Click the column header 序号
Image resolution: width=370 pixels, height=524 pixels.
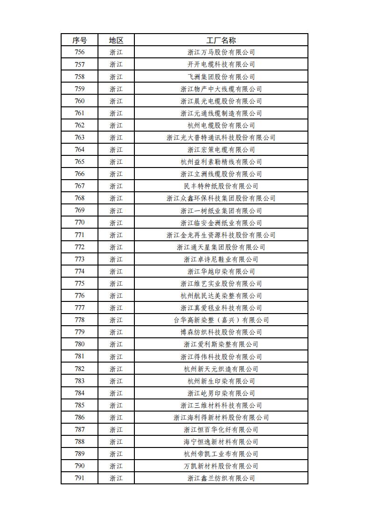tap(79, 40)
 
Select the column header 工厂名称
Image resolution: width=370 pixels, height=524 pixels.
tap(221, 40)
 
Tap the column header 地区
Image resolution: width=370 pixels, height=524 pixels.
tap(116, 40)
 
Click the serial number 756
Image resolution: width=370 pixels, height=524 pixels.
tap(79, 52)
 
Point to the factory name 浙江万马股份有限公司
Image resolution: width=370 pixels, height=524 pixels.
tap(221, 52)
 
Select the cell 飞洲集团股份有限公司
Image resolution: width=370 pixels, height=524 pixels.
tap(221, 77)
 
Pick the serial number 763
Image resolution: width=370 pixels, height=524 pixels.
tap(79, 138)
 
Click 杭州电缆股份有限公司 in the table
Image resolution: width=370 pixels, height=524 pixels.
tap(221, 126)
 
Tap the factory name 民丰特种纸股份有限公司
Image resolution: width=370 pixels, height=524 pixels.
tap(221, 186)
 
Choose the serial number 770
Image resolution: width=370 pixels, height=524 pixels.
tap(79, 223)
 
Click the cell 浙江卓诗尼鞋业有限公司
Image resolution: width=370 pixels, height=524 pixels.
tap(221, 259)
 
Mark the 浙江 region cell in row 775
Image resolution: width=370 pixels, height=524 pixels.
tap(116, 284)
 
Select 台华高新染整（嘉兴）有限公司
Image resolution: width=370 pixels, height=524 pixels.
tap(221, 320)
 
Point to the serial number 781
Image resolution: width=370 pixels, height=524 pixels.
tap(79, 356)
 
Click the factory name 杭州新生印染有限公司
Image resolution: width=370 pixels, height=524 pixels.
tap(221, 381)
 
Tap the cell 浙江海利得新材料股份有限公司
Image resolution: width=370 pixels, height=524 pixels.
tap(221, 418)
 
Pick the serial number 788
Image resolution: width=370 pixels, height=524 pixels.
tap(79, 442)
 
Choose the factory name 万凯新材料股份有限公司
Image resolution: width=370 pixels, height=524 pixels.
tap(221, 466)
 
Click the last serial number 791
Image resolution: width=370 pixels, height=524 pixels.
tap(79, 478)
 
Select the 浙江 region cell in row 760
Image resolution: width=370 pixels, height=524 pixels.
tap(116, 101)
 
